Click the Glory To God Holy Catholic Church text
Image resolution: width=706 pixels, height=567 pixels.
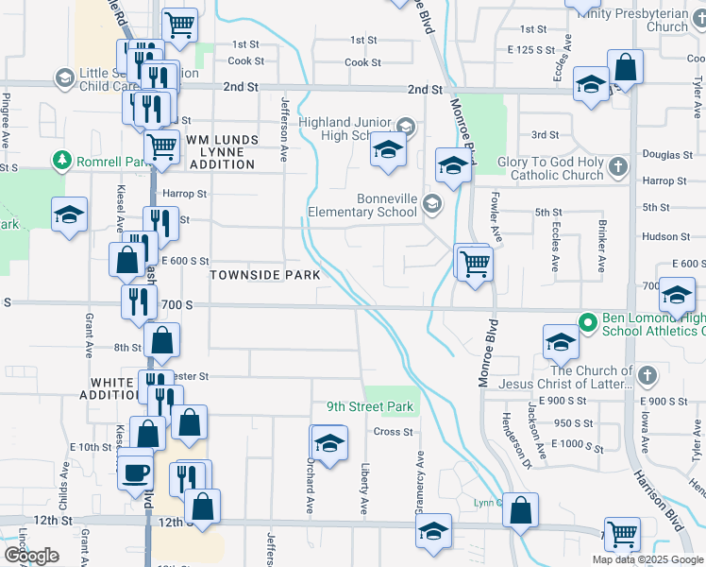pyautogui.click(x=557, y=168)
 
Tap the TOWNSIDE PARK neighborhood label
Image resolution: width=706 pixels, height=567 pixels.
pyautogui.click(x=264, y=275)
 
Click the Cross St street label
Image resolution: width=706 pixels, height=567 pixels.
pyautogui.click(x=394, y=432)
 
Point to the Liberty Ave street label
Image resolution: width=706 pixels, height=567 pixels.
pyautogui.click(x=364, y=489)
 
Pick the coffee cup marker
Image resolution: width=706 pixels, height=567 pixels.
pyautogui.click(x=135, y=471)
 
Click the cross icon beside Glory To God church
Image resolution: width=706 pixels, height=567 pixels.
pyautogui.click(x=618, y=168)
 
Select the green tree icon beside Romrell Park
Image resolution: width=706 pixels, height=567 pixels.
pyautogui.click(x=62, y=161)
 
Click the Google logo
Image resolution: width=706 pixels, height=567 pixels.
pyautogui.click(x=31, y=556)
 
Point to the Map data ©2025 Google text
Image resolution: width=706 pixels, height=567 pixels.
pyautogui.click(x=647, y=559)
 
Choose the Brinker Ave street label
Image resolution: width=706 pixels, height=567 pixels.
pyautogui.click(x=601, y=243)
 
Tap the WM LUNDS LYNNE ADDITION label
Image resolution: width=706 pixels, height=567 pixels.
pyautogui.click(x=222, y=152)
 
